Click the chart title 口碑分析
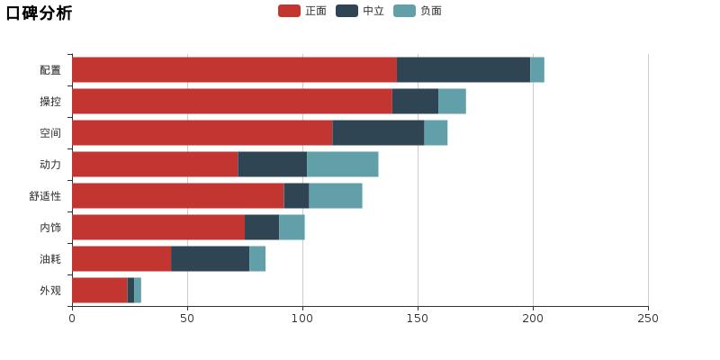[x=40, y=13]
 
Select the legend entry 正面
[x=302, y=11]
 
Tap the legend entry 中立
[x=360, y=11]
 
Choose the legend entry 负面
[x=418, y=11]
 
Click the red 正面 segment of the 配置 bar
[x=234, y=70]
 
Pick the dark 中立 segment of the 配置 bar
[x=463, y=70]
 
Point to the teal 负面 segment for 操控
[x=452, y=102]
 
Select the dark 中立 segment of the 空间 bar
[x=378, y=133]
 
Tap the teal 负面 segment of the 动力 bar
[x=342, y=165]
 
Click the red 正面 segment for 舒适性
[x=178, y=196]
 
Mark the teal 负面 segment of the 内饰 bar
[x=292, y=228]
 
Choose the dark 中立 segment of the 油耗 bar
[x=210, y=259]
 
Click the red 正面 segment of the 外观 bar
[x=100, y=291]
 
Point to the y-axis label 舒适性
[x=45, y=196]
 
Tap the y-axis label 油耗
[x=50, y=259]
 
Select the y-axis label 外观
[x=50, y=291]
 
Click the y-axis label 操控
[x=50, y=102]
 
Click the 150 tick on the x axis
[x=418, y=319]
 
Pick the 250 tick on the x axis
[x=648, y=319]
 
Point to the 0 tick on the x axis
[x=72, y=319]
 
